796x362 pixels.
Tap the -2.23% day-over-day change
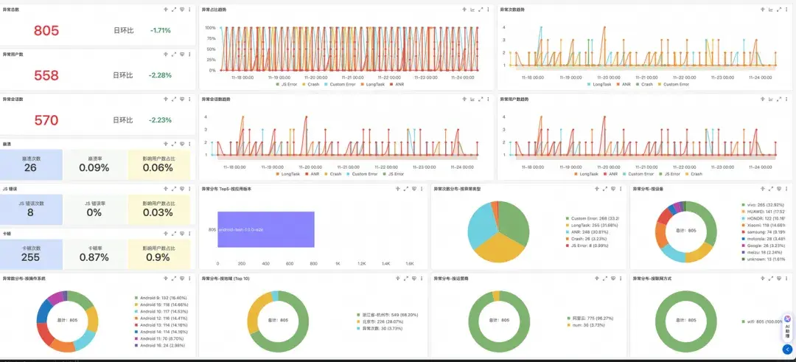click(160, 120)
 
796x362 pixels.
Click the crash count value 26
click(30, 167)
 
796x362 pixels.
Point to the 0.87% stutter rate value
click(94, 257)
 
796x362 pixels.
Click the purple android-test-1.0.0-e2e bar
click(266, 229)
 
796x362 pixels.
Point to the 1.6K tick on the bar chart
click(409, 263)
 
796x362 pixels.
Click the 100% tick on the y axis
click(210, 28)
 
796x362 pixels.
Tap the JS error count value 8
click(30, 212)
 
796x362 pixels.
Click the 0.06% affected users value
click(158, 167)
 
